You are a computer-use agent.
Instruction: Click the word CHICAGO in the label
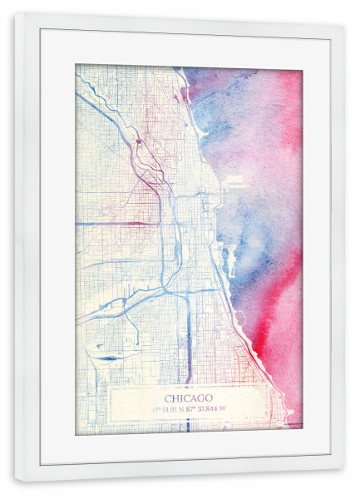click(x=188, y=398)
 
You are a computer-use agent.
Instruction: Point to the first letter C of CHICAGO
click(x=167, y=398)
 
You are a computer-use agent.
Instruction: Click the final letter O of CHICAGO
click(x=210, y=398)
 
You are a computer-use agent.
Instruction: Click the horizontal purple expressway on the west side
click(x=116, y=224)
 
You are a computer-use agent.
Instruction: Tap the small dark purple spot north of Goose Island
click(x=138, y=142)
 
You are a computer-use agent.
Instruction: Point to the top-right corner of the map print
click(x=302, y=66)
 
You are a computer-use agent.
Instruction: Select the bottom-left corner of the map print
click(x=76, y=432)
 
